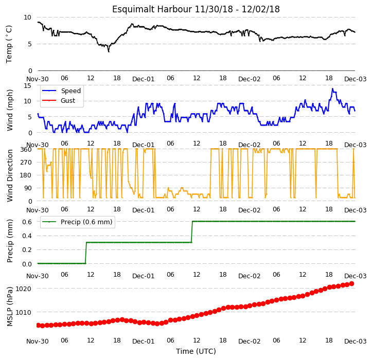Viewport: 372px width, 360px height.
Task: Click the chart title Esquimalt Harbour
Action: [152, 9]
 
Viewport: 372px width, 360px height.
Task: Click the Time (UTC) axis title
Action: [196, 351]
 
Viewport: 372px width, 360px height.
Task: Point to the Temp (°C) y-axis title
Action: [9, 44]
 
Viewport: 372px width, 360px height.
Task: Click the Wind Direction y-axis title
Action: [10, 175]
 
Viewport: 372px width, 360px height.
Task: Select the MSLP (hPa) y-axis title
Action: [10, 307]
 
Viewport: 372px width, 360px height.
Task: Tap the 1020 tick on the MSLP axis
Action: [23, 289]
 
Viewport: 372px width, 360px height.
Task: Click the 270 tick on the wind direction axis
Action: [27, 163]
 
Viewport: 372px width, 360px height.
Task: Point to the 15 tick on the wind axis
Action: [27, 85]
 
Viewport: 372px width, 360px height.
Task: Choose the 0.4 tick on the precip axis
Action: [27, 236]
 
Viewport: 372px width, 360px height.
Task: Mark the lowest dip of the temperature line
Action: [109, 51]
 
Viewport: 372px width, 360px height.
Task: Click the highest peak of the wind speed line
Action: [332, 89]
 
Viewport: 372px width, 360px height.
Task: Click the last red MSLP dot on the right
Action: [352, 284]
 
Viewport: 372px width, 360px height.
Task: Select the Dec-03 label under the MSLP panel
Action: [356, 341]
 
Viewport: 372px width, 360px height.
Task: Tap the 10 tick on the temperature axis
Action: [27, 17]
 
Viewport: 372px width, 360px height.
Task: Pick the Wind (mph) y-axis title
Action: [10, 110]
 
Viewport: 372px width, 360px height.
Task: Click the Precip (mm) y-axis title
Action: [10, 241]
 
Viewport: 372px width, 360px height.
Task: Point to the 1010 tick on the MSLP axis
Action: [23, 312]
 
